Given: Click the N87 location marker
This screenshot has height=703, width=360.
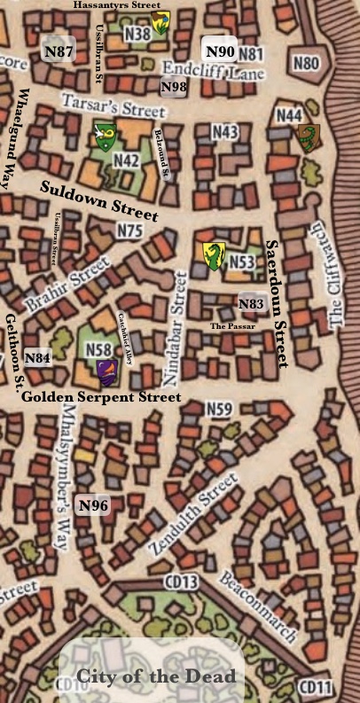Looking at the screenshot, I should pyautogui.click(x=59, y=52).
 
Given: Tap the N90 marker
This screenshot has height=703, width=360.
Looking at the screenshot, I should pyautogui.click(x=221, y=51).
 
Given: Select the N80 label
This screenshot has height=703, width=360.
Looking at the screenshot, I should pyautogui.click(x=305, y=63).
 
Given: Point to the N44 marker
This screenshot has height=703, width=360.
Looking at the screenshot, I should pyautogui.click(x=288, y=115).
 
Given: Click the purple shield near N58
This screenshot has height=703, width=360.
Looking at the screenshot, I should pyautogui.click(x=106, y=371).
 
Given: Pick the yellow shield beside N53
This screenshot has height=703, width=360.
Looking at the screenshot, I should pyautogui.click(x=213, y=255).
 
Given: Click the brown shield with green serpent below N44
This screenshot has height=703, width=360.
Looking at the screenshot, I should pyautogui.click(x=307, y=138).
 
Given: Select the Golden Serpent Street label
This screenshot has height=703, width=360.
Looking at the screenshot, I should pyautogui.click(x=101, y=397).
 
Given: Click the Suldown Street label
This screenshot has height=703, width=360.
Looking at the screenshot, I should pyautogui.click(x=99, y=199).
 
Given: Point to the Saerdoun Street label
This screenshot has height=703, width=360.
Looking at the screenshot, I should pyautogui.click(x=278, y=303).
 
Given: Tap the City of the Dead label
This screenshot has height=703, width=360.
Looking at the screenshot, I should pyautogui.click(x=155, y=676).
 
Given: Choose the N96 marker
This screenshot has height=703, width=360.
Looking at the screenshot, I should pyautogui.click(x=93, y=506).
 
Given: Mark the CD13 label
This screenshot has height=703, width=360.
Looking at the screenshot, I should pyautogui.click(x=181, y=582).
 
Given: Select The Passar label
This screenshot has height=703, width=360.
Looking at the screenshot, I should pyautogui.click(x=232, y=326).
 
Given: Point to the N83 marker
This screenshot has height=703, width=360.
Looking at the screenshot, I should pyautogui.click(x=251, y=304).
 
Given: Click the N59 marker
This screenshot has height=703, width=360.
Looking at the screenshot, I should pyautogui.click(x=219, y=409).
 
